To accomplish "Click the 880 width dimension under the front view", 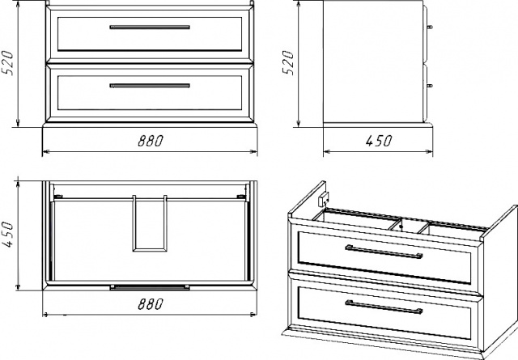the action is [x=151, y=141].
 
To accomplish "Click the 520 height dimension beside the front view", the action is [x=7, y=63].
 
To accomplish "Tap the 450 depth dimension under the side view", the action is [x=379, y=141].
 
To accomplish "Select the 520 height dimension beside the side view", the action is [x=288, y=63].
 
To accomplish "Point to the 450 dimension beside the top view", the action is [x=7, y=235].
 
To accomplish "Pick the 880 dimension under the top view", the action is [x=151, y=304].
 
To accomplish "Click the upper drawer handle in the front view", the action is [x=150, y=27].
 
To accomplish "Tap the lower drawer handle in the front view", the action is [x=150, y=86].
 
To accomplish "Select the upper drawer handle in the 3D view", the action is [x=384, y=252].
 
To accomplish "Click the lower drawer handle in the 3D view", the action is [x=384, y=307].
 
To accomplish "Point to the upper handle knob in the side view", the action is [x=430, y=27].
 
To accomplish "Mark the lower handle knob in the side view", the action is [x=430, y=86].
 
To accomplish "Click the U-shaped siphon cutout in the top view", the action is [x=150, y=223].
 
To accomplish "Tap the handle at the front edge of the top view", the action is [x=150, y=287].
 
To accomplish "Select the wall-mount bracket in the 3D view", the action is [x=323, y=199].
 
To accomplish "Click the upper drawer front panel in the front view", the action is [x=150, y=34].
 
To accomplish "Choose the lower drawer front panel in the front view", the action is [x=150, y=93].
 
